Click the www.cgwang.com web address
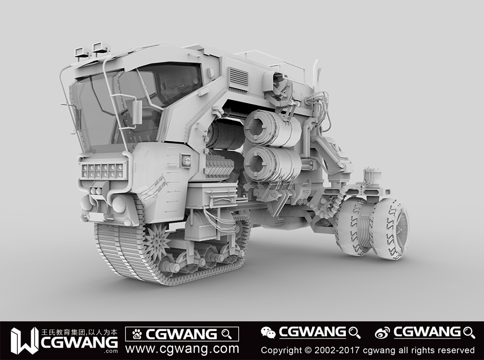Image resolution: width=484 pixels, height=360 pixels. pyautogui.click(x=182, y=349)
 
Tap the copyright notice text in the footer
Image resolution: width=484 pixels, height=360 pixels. pyautogui.click(x=368, y=350)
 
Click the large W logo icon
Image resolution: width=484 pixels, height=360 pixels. pyautogui.click(x=24, y=341)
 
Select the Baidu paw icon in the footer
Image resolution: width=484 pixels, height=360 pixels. pyautogui.click(x=137, y=334)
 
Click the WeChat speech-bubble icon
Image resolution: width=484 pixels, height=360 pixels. pyautogui.click(x=268, y=333)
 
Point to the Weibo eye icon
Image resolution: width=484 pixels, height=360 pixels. pyautogui.click(x=382, y=333)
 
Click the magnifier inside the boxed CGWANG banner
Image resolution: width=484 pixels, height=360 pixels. pyautogui.click(x=227, y=334)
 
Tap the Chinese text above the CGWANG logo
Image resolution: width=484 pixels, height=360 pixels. pyautogui.click(x=80, y=332)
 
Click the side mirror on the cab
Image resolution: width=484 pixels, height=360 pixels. pyautogui.click(x=137, y=112)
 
